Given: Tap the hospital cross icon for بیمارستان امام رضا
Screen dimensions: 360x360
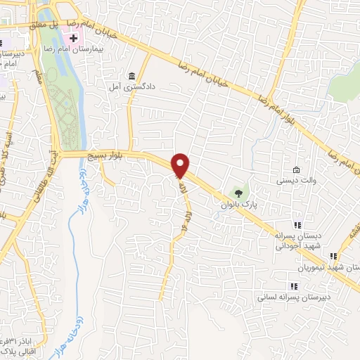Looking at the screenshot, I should [74, 36].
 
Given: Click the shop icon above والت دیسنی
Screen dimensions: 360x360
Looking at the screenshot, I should [297, 170].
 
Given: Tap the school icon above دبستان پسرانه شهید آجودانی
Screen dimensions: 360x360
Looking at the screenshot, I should [297, 226].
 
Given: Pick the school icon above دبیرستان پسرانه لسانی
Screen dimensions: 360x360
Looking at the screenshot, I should [294, 285].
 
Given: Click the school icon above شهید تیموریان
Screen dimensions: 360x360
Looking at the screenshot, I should [335, 256].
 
